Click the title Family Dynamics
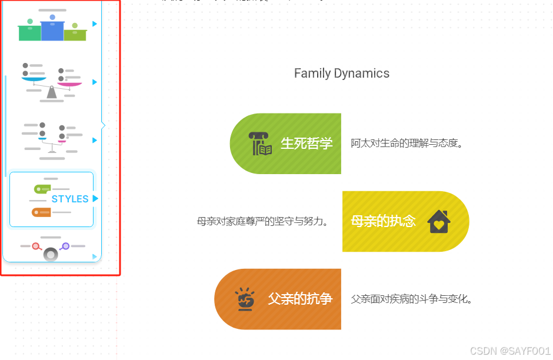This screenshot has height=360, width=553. pos(341,74)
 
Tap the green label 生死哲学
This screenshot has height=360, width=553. pos(307,143)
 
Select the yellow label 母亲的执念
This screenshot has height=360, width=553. pos(383,221)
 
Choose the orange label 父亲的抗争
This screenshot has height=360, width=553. pos(300,299)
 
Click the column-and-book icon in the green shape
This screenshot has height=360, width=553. pos(259,144)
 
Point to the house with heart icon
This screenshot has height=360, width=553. pos(439,222)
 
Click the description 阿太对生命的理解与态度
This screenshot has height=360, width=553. pos(407,143)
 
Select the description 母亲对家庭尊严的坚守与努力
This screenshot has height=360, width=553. pos(262,221)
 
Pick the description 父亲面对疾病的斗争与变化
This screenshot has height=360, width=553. pos(411,299)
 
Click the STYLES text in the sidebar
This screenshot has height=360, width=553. pos(70,199)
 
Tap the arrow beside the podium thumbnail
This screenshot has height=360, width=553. pos(95,24)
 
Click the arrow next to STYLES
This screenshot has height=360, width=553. pos(95,199)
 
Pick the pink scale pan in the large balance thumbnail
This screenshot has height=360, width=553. pos(69,84)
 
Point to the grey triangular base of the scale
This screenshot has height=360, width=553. pos(52,93)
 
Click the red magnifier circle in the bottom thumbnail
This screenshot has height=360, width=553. pos(36,246)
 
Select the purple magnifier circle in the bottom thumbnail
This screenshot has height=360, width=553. pos(65,246)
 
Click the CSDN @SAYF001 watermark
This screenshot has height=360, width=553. pos(510,351)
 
